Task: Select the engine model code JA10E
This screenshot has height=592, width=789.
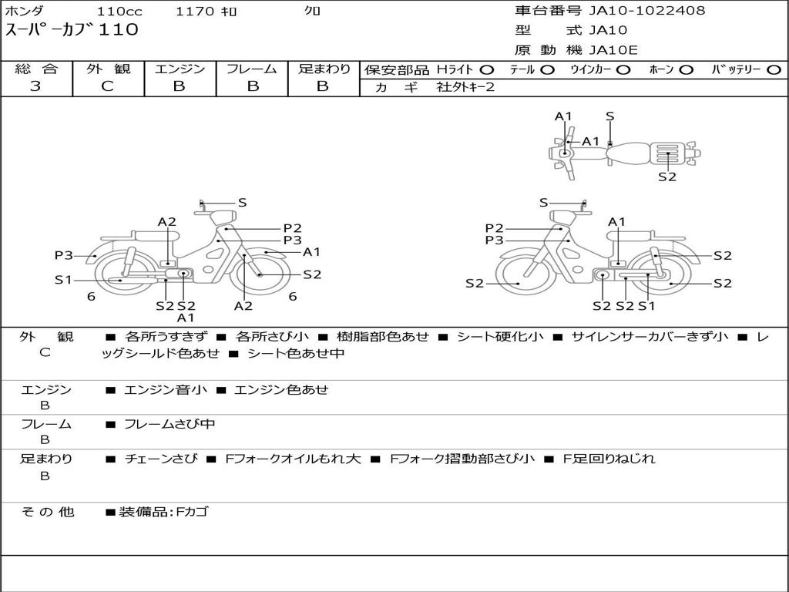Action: point(613,50)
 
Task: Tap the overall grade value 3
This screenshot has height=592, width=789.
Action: point(35,86)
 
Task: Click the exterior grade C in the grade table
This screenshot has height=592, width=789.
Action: point(108,86)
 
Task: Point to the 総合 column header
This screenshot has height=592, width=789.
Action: point(36,69)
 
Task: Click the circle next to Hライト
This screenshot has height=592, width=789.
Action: point(487,70)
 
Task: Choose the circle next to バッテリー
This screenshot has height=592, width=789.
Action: point(774,70)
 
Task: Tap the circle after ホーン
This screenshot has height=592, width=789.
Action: point(687,70)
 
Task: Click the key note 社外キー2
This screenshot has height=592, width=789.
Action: point(465,87)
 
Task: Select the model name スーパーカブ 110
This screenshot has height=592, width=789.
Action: point(72,30)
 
